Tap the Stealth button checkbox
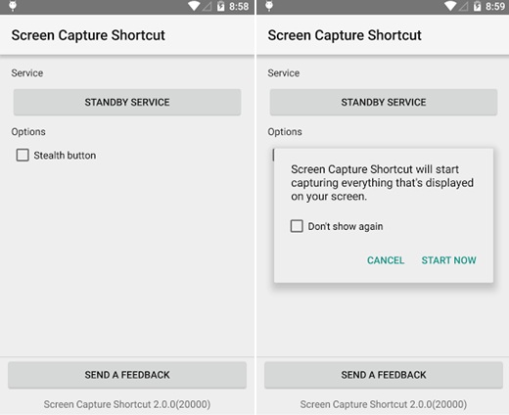click(23, 155)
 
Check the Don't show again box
click(297, 226)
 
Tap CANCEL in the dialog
click(386, 260)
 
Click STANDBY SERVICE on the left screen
click(127, 102)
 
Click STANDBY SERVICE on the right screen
click(384, 102)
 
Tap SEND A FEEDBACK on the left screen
click(127, 375)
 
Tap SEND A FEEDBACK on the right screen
click(384, 375)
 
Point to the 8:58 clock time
click(239, 6)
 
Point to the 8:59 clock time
click(495, 6)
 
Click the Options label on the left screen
click(28, 132)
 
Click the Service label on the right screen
click(284, 73)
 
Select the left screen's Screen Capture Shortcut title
click(88, 35)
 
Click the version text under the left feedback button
click(127, 404)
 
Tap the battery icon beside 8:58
click(221, 6)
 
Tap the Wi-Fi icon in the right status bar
click(450, 6)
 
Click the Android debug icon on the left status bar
click(13, 6)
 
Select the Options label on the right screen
click(285, 132)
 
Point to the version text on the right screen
click(384, 404)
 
